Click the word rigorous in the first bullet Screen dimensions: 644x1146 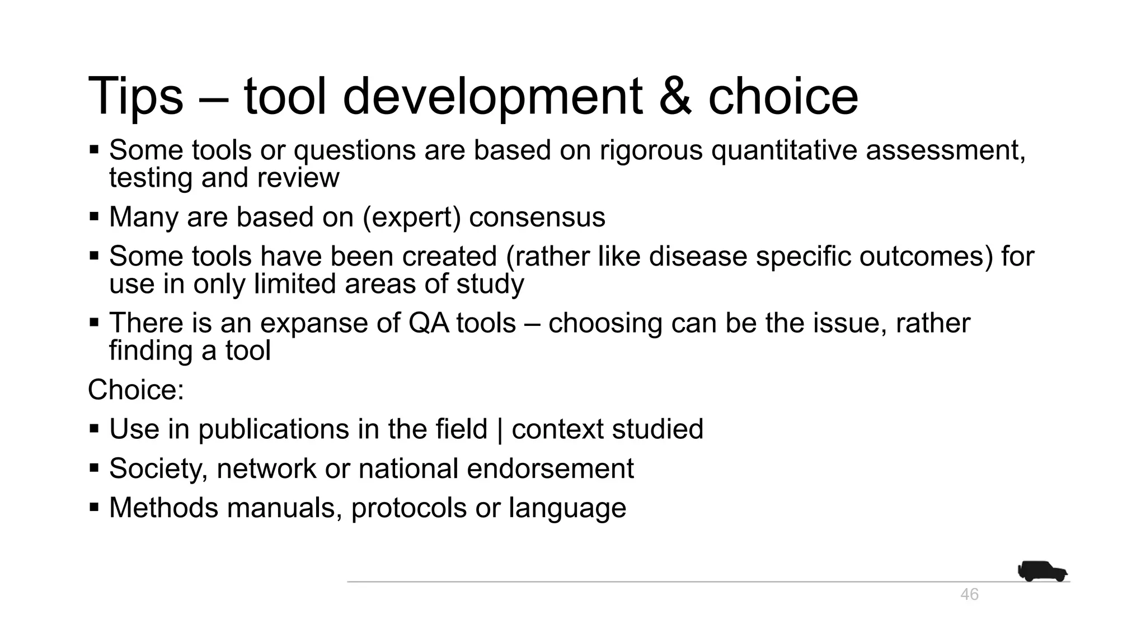point(651,150)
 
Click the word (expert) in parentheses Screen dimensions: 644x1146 point(411,217)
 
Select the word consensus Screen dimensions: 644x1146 point(537,217)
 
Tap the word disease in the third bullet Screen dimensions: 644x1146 point(698,257)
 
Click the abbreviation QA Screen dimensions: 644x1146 point(429,323)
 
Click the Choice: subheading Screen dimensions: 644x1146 point(136,390)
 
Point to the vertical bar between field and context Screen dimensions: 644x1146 point(500,430)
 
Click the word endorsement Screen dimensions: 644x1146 point(550,468)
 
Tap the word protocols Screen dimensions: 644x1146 point(409,508)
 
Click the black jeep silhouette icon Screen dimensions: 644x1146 point(1042,571)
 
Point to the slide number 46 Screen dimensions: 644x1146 point(969,594)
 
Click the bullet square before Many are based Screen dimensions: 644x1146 point(94,216)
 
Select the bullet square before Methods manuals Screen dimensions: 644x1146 point(94,508)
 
